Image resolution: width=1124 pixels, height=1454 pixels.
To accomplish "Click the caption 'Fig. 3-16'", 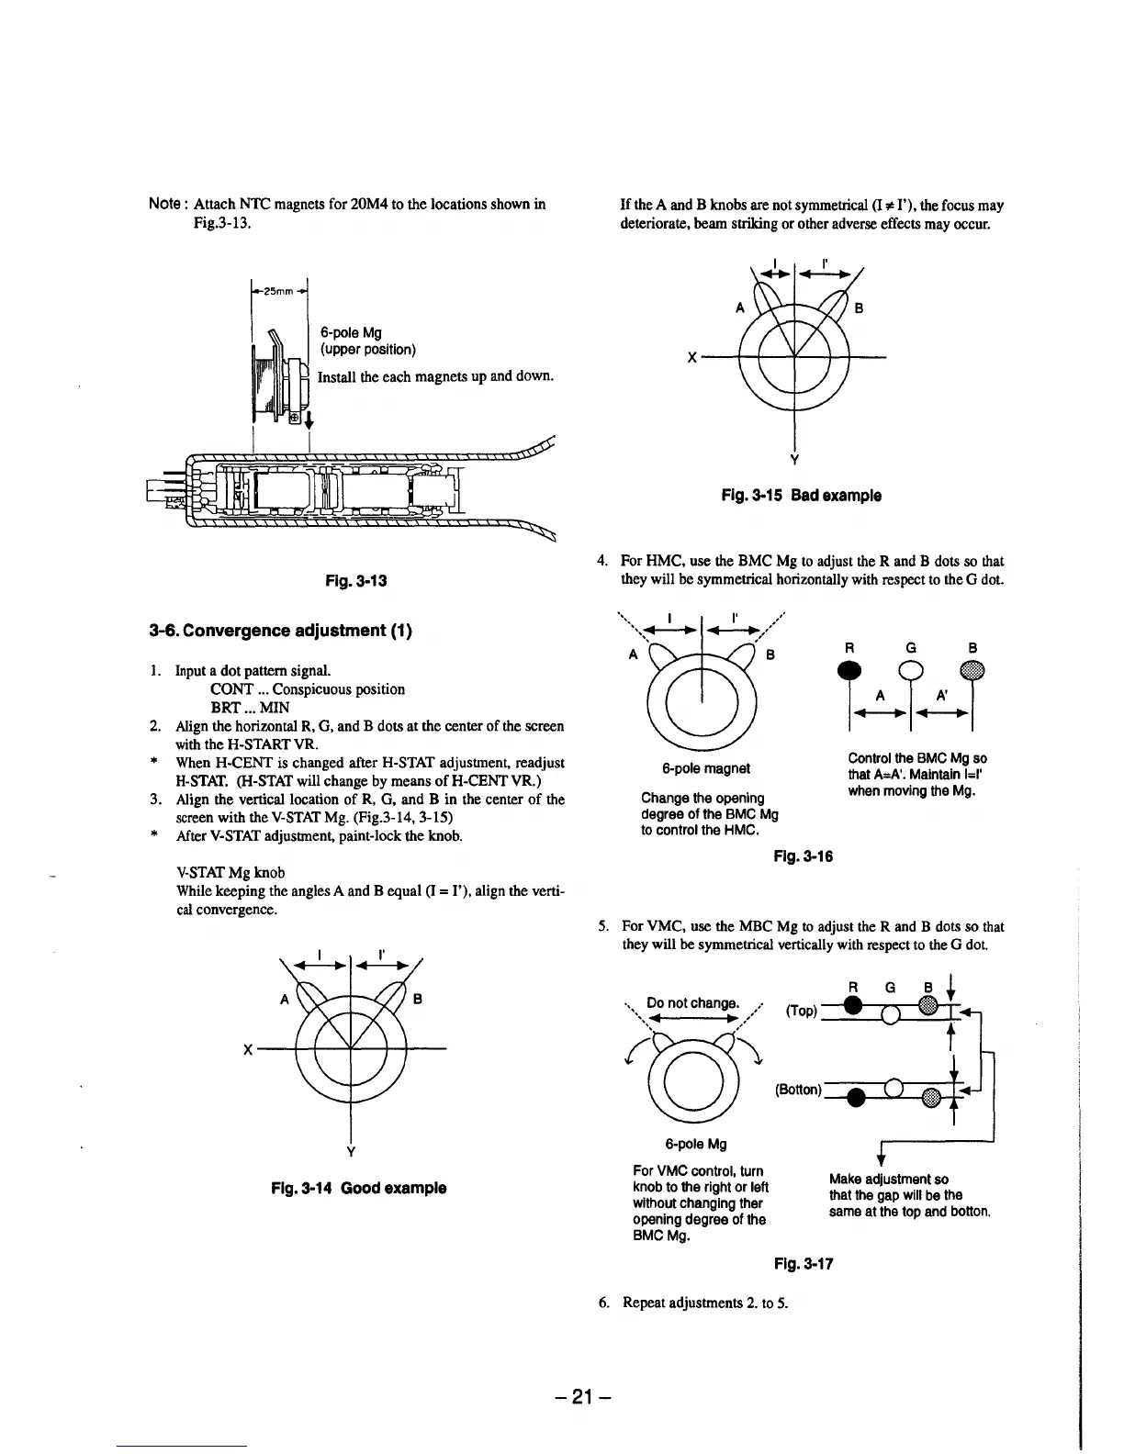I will point(803,856).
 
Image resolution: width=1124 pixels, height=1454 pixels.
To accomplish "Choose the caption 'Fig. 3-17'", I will point(804,1264).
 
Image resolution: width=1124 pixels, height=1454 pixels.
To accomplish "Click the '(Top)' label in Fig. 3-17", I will point(801,1011).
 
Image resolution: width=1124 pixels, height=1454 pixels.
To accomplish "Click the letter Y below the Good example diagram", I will point(352,1152).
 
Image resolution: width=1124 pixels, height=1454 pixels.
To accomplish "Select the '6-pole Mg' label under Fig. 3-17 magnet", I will point(695,1144).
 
